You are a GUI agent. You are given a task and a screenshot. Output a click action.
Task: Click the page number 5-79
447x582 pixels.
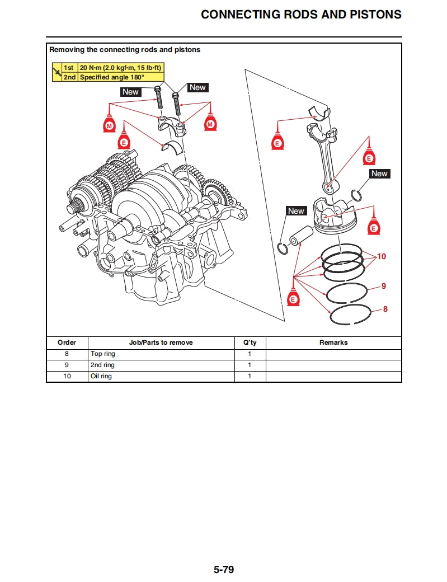[x=223, y=570]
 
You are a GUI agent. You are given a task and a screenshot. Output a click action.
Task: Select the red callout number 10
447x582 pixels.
[x=382, y=256]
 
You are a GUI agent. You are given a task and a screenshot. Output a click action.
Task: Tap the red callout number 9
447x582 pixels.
[x=384, y=286]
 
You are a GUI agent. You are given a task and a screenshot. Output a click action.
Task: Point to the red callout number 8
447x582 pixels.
[x=385, y=308]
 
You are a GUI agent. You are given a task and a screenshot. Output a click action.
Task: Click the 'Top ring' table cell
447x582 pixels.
[x=103, y=354]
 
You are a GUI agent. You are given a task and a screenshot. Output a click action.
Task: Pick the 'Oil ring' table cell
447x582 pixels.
[x=101, y=376]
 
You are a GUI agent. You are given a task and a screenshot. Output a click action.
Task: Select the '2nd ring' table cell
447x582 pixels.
[x=102, y=365]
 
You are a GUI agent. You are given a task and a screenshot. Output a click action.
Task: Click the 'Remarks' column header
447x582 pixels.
[x=333, y=342]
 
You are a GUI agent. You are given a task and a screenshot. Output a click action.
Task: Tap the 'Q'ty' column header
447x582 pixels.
[x=250, y=342]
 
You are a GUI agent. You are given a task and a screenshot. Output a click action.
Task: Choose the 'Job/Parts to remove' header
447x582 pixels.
[x=161, y=342]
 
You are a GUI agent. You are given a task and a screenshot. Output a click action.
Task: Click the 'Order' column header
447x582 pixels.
[x=67, y=342]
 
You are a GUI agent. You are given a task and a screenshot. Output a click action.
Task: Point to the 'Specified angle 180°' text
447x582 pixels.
[x=112, y=77]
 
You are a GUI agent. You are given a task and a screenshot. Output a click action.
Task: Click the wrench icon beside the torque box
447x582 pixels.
[x=57, y=72]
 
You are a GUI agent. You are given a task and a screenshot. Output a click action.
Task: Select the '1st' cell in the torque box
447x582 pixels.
[x=69, y=68]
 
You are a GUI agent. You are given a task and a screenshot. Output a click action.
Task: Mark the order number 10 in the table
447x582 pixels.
[x=67, y=376]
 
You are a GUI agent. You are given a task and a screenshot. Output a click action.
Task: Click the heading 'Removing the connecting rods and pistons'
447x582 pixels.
[x=125, y=49]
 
